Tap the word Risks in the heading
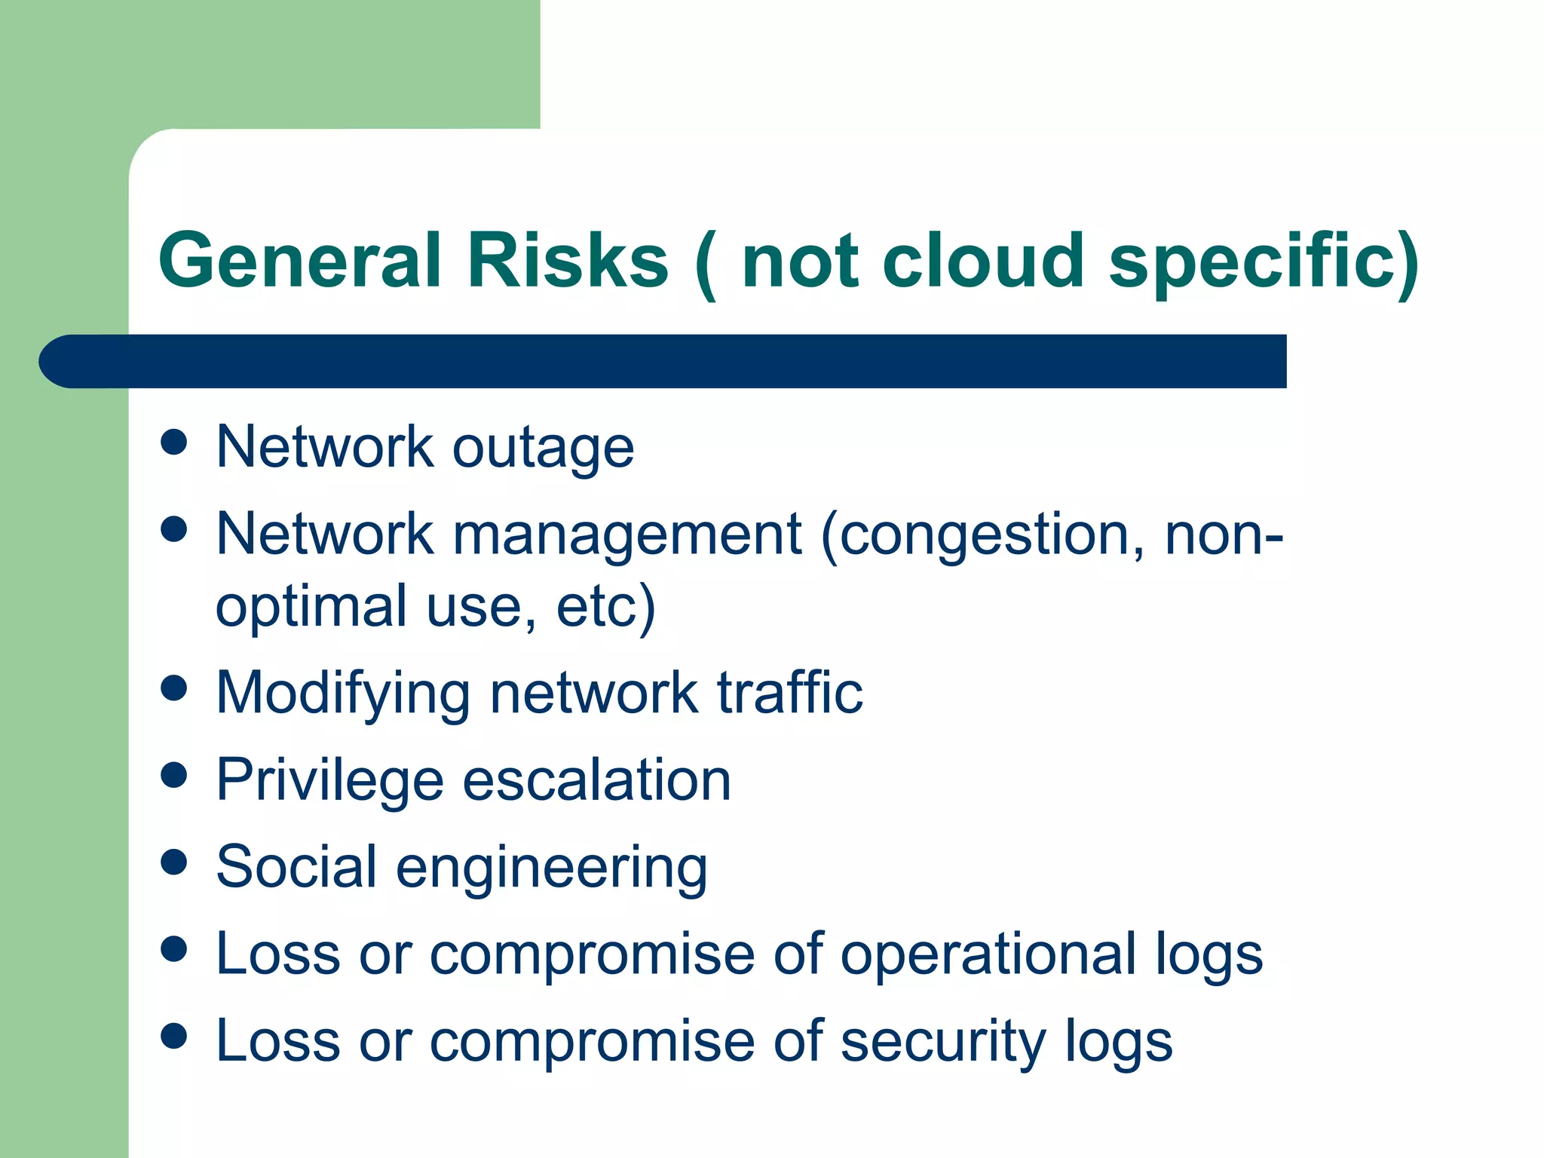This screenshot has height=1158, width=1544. [568, 260]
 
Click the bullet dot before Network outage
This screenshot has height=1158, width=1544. [174, 442]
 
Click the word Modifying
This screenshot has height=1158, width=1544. [343, 694]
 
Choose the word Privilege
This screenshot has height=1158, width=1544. [329, 781]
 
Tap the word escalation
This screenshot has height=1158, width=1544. [596, 780]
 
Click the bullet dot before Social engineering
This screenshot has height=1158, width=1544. [174, 862]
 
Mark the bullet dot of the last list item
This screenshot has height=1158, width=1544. [174, 1036]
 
